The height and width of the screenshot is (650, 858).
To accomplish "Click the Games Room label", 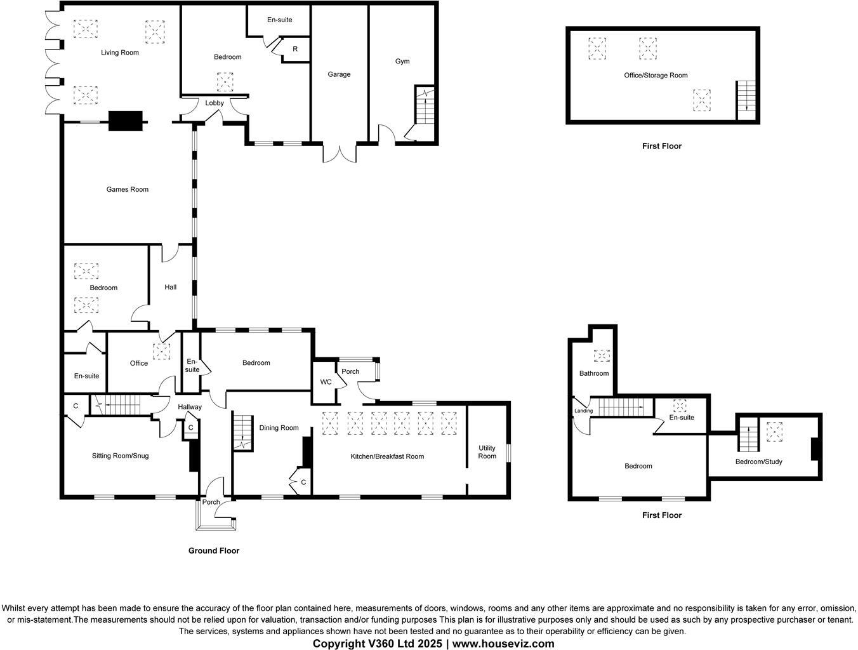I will (x=127, y=189).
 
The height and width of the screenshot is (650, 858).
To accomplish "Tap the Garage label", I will (x=339, y=74).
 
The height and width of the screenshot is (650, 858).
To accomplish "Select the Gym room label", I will (x=402, y=62).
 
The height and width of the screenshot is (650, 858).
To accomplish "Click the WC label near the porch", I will (x=326, y=382).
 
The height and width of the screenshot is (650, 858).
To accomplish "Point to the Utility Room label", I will (x=487, y=452).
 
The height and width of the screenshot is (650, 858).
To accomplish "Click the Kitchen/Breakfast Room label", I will (x=387, y=456).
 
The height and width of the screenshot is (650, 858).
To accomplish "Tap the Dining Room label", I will (x=279, y=428).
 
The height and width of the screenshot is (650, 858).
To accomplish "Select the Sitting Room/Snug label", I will (x=120, y=456).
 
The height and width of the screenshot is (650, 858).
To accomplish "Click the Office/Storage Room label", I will (x=656, y=75).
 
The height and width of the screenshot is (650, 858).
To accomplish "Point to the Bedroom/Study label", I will (x=758, y=461).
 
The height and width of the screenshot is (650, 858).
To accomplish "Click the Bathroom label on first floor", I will (x=593, y=373).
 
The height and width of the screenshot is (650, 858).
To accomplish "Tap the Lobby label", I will (x=214, y=103).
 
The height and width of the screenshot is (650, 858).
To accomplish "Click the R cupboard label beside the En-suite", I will (x=295, y=49).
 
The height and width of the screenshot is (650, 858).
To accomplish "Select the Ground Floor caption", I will (x=214, y=550).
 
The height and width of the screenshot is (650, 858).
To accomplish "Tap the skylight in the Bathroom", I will (x=601, y=356).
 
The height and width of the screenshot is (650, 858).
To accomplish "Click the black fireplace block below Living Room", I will (x=125, y=121).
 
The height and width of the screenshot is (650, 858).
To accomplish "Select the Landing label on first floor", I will (x=583, y=411).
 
